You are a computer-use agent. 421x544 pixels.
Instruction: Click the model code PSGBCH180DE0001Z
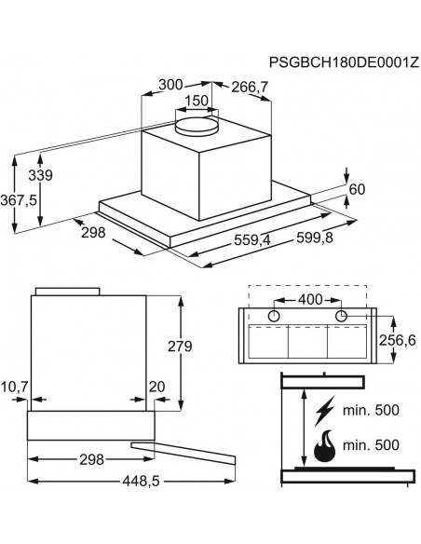coord(344,62)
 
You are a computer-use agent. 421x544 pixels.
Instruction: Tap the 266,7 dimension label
coord(250,87)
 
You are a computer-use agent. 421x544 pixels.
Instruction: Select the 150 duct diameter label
coord(197,101)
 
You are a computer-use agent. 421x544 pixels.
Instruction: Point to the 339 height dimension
coord(40,175)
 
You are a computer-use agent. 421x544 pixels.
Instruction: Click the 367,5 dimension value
coord(19,200)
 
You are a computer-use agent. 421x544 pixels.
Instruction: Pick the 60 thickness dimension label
coord(357,189)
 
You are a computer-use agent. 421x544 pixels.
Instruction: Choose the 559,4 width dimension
coord(252,239)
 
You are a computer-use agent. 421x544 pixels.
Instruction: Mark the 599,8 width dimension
coord(315,238)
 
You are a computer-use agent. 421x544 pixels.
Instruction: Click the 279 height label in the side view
coord(180,346)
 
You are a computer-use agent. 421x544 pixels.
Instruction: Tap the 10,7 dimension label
coord(14,387)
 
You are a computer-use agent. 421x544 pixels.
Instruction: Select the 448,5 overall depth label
coord(141,481)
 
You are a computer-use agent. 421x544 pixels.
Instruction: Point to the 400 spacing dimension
coord(310,299)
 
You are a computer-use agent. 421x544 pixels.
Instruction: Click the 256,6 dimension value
coord(397,340)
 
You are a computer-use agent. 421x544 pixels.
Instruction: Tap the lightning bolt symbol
coord(325,411)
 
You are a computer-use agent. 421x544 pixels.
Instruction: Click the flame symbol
coord(325,445)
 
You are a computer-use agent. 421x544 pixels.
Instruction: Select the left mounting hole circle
coord(275,316)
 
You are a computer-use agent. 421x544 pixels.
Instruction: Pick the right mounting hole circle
coord(342,316)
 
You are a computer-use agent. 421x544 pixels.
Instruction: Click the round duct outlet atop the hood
coord(197,126)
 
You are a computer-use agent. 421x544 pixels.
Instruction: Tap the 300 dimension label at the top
coord(170,85)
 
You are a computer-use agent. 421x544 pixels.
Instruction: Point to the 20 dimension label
coord(156,387)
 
